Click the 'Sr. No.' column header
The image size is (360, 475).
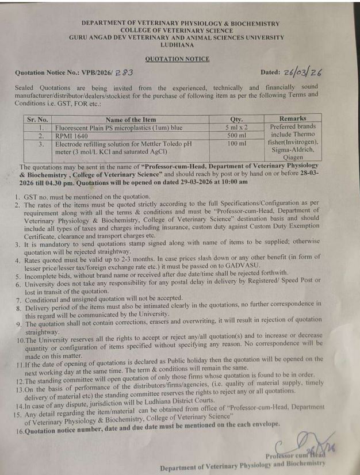pos(39,119)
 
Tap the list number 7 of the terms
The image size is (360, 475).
pos(18,299)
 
